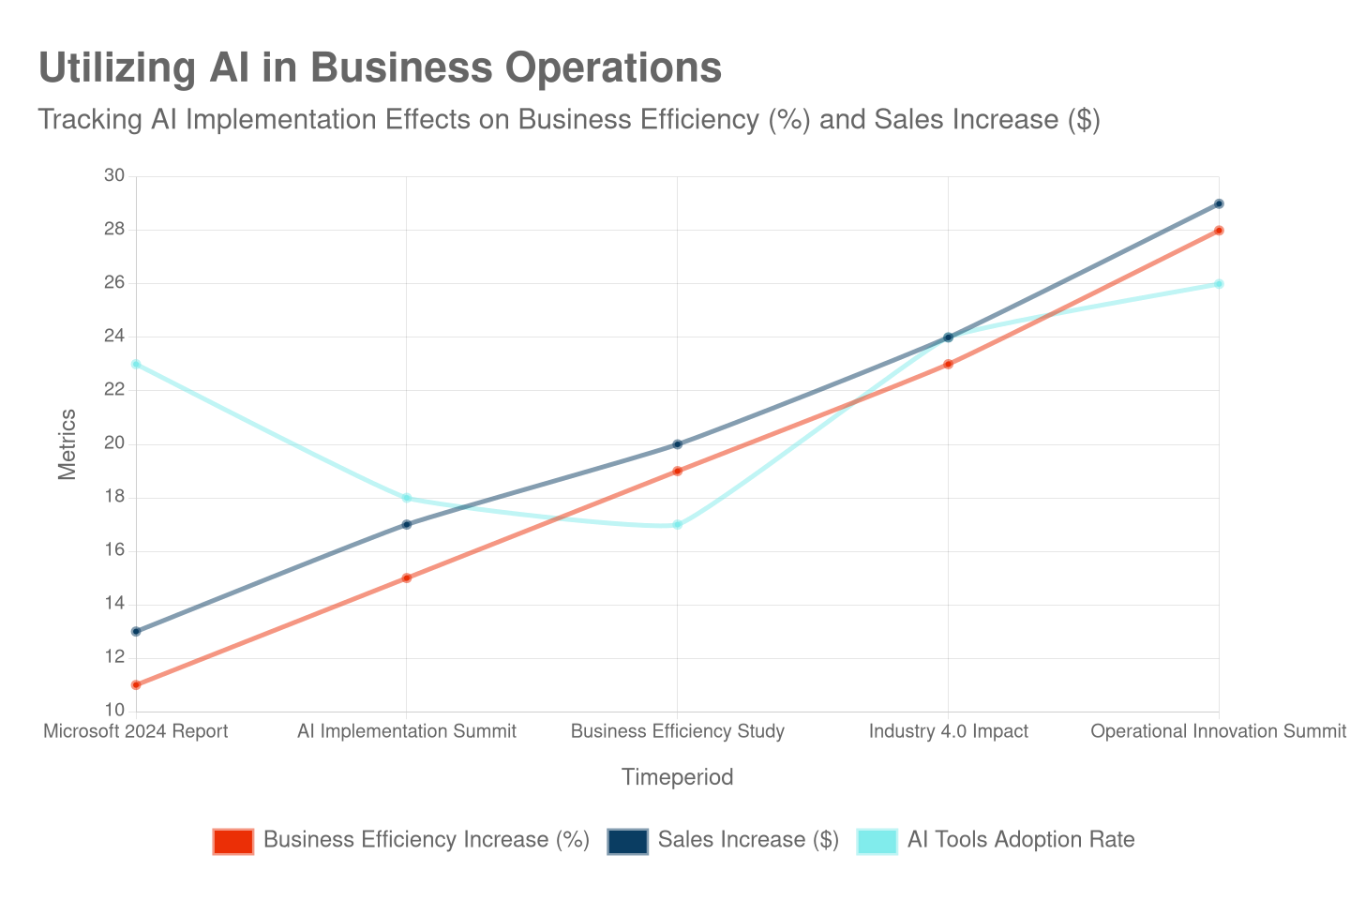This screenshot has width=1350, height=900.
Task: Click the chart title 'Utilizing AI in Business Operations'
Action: click(x=380, y=68)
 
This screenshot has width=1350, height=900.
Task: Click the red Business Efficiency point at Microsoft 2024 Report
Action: click(x=136, y=685)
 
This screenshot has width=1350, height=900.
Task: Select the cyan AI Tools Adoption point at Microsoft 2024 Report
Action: click(x=136, y=364)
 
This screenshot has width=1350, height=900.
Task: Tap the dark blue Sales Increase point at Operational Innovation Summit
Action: click(x=1219, y=203)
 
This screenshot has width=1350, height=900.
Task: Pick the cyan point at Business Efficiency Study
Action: click(x=677, y=525)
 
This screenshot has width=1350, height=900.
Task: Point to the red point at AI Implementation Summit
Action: click(x=407, y=578)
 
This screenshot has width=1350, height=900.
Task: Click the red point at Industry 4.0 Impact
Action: click(x=948, y=364)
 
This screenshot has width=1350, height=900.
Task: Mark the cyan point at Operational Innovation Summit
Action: click(x=1219, y=284)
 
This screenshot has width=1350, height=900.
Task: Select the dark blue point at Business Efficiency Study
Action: click(x=677, y=444)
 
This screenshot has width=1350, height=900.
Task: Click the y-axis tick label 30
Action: click(x=114, y=175)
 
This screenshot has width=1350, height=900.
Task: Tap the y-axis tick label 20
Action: click(x=114, y=442)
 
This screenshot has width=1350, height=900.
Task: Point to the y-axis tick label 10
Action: click(x=114, y=710)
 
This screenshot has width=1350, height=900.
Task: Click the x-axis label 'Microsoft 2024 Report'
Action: click(x=136, y=731)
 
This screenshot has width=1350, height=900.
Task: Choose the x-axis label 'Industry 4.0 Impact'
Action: click(x=948, y=731)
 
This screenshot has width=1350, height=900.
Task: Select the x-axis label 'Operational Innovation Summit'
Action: click(x=1218, y=731)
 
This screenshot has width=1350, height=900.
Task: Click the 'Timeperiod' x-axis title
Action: click(x=677, y=777)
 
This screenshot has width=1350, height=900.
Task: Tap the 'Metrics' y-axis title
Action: click(x=67, y=444)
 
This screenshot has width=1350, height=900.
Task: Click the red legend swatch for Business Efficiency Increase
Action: click(x=233, y=841)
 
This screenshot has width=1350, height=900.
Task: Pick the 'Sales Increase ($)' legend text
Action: click(x=748, y=839)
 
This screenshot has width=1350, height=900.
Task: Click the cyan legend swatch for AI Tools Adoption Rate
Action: click(x=877, y=841)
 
